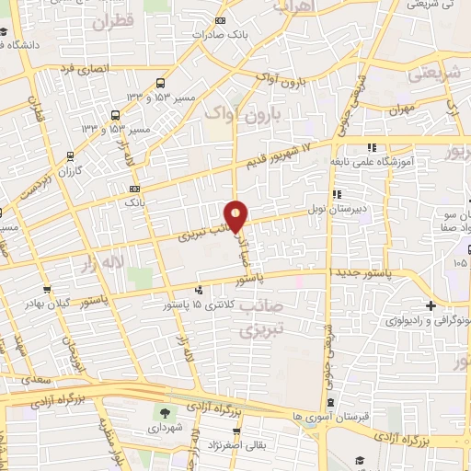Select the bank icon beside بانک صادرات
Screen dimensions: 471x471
219,20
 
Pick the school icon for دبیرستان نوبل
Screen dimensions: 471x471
338,194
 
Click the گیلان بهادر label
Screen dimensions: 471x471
47,304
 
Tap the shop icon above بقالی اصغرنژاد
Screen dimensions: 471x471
237,431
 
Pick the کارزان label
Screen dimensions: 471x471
71,171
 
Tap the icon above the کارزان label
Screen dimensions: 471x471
71,157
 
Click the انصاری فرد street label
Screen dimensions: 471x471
84,68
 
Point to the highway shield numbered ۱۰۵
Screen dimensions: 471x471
460,262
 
